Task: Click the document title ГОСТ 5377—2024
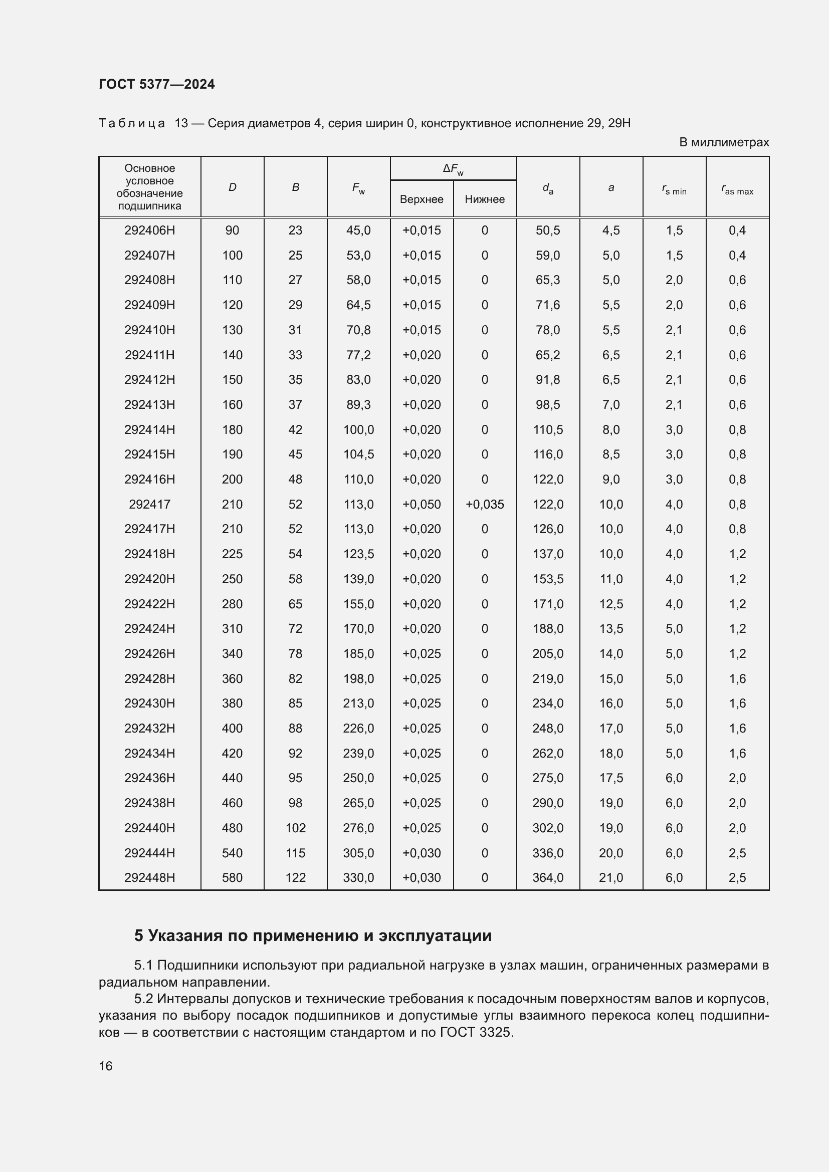tap(157, 85)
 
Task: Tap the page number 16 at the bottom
tap(106, 1066)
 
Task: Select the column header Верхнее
tap(422, 199)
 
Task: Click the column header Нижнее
tap(485, 199)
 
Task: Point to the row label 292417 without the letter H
tap(149, 505)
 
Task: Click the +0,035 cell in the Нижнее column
tap(485, 505)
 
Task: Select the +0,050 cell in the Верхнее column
tap(422, 505)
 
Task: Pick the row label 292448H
tap(149, 877)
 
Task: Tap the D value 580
tap(232, 877)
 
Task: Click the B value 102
tap(296, 828)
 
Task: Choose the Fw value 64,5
tap(358, 305)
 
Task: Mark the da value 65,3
tap(548, 280)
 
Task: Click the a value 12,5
tap(611, 604)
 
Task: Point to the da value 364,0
tap(548, 877)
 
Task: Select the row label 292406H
tap(149, 230)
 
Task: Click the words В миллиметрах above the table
tap(724, 142)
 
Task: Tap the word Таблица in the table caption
tap(132, 124)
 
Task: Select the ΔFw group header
tap(453, 169)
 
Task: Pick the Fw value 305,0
tap(358, 853)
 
